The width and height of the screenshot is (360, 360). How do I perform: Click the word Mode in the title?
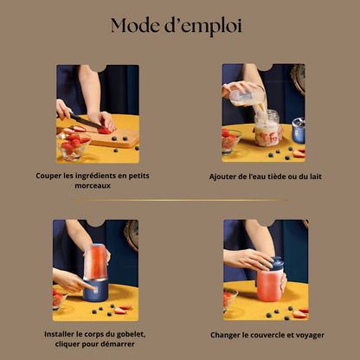(135, 25)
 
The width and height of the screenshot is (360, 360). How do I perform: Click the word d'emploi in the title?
(203, 27)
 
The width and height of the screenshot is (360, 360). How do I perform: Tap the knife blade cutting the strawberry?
(86, 121)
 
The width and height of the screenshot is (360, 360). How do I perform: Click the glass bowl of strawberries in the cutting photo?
(74, 146)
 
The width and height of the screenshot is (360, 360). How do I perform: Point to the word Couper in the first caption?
(48, 176)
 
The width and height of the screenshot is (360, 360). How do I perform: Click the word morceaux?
(93, 186)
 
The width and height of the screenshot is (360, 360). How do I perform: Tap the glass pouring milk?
(247, 95)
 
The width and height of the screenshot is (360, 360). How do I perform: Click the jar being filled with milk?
(267, 128)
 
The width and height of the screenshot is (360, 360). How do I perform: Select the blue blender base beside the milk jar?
(299, 131)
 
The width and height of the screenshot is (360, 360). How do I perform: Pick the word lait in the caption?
(316, 177)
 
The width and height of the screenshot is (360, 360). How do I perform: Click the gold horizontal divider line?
(180, 200)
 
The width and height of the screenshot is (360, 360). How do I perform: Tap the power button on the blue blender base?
(96, 288)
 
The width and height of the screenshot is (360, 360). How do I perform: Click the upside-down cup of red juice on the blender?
(95, 262)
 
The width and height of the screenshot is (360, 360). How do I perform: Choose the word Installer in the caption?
(59, 334)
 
